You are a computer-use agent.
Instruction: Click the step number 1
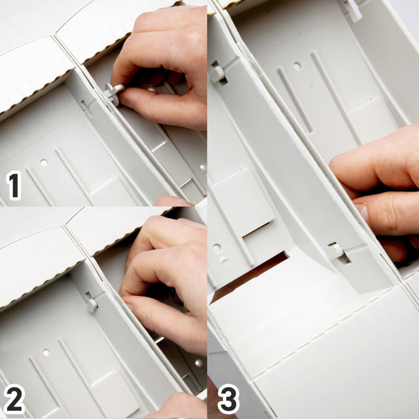point(14,185)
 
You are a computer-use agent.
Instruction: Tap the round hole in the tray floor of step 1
point(43,162)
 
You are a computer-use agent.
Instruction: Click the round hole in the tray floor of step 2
point(46,352)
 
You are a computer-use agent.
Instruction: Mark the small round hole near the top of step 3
point(297,66)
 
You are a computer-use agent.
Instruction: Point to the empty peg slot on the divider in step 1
point(86,103)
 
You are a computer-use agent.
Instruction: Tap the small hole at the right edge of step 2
point(198,363)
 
